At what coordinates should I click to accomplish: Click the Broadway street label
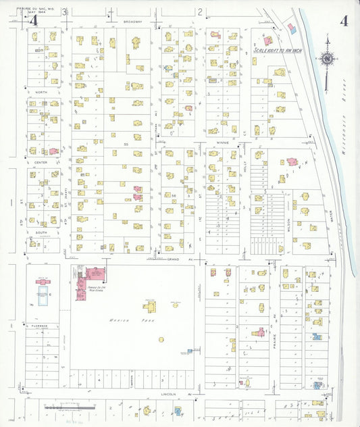click(x=133, y=22)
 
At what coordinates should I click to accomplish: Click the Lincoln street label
click(x=168, y=394)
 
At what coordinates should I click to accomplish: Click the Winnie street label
click(x=223, y=143)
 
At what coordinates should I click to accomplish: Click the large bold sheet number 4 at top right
click(x=344, y=20)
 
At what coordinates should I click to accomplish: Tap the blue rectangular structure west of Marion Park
click(x=43, y=295)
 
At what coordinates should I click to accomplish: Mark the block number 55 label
click(x=126, y=145)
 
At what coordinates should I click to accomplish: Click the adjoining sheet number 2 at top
click(x=201, y=11)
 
